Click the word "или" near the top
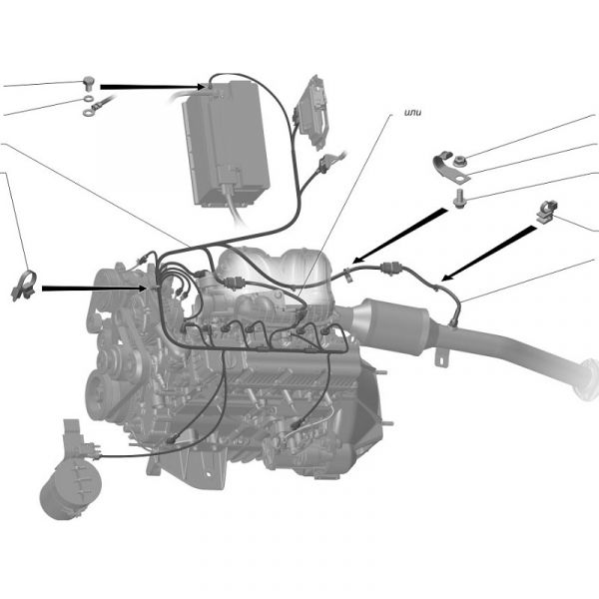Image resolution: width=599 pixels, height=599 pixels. click(412, 112)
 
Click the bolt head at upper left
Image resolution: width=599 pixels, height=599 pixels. click(89, 83)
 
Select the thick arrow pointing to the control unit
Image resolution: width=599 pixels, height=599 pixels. click(153, 87)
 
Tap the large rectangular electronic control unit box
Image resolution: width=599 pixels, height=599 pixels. click(227, 143)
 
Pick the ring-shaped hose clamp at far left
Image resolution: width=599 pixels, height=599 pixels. click(24, 285)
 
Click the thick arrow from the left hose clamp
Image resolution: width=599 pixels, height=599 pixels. click(94, 289)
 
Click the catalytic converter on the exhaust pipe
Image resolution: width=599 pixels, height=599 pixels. click(393, 321)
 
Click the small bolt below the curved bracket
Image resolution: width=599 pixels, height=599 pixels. click(459, 199)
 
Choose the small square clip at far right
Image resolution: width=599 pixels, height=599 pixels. click(547, 212)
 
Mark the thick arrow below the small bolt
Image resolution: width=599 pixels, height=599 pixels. click(399, 236)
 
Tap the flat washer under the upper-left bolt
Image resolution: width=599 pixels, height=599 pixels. click(89, 99)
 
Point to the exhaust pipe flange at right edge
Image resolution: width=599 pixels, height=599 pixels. click(588, 379)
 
